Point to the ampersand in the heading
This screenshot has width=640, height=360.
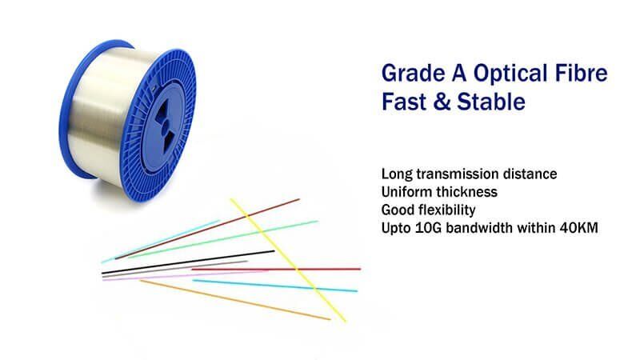click(x=442, y=104)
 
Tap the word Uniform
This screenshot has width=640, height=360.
click(x=405, y=192)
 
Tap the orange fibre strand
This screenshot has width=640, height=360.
click(x=240, y=301)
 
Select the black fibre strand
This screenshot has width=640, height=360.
click(x=192, y=263)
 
